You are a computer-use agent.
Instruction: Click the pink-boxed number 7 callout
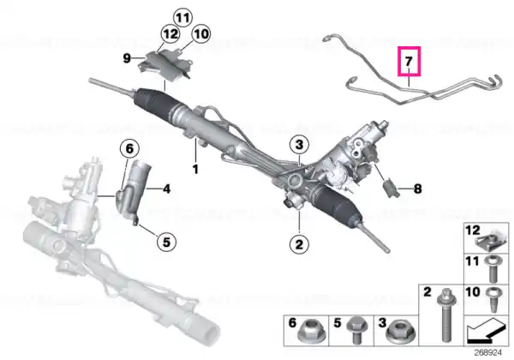coord(409,62)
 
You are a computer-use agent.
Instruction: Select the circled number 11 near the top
coord(182,17)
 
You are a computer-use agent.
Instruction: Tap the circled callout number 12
coord(170,33)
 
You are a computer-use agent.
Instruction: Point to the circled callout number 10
coord(201,33)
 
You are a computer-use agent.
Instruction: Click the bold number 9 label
coord(127,58)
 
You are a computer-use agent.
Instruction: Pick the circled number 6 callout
coord(130,149)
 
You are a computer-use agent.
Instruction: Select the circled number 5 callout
coord(166,243)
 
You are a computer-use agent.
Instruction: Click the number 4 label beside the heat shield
coord(166,189)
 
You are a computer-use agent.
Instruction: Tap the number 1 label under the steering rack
coord(195,170)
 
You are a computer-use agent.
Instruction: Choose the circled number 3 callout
coord(299,145)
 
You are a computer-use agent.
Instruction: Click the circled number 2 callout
coord(299,244)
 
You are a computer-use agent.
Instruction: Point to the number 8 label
coord(417,189)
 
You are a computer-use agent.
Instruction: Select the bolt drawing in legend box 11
coord(491,270)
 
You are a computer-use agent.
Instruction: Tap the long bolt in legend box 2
coord(445,315)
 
